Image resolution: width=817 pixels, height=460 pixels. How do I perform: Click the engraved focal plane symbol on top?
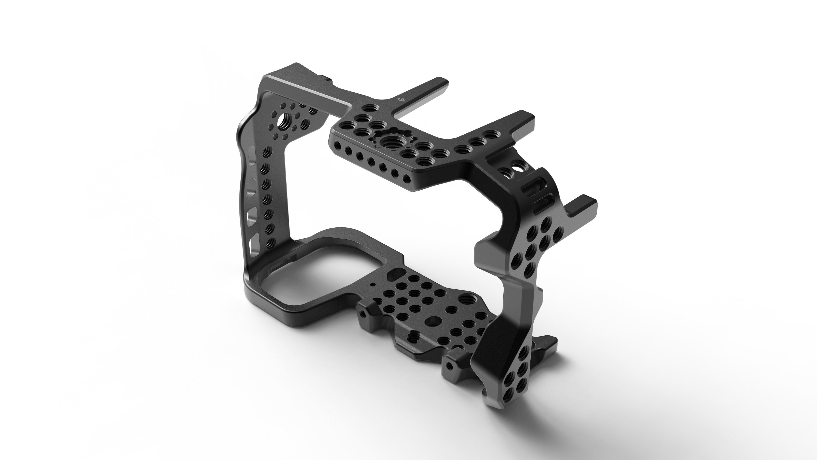[401, 100]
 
